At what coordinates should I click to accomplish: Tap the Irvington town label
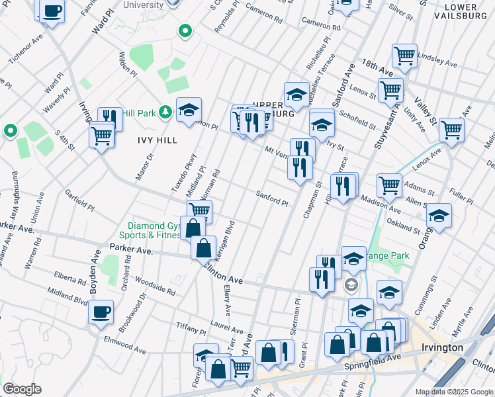441,348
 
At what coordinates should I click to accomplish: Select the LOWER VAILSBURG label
461,13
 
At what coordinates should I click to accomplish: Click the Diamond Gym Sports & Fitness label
150,230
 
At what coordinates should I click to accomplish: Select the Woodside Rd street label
157,287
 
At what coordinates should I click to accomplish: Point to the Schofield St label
359,120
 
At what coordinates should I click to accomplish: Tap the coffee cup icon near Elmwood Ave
101,312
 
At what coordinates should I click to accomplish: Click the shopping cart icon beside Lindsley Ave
404,54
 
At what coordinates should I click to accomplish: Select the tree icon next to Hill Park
165,113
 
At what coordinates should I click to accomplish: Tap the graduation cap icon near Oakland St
439,215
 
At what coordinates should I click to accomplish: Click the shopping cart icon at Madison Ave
389,185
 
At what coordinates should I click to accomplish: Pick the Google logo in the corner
22,389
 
